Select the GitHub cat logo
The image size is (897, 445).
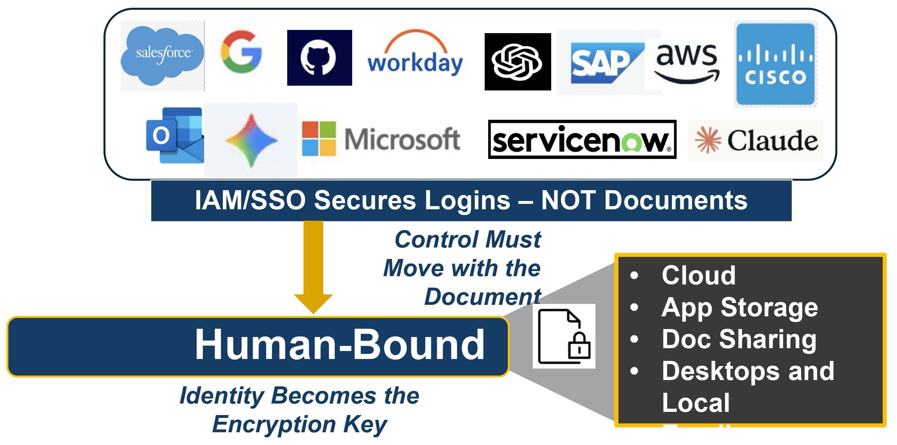(x=319, y=58)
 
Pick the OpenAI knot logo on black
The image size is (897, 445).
(x=517, y=62)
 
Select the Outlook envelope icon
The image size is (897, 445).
(x=175, y=135)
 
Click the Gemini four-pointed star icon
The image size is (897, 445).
(x=251, y=140)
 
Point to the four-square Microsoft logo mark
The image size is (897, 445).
(x=319, y=138)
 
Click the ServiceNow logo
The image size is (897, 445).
(x=582, y=140)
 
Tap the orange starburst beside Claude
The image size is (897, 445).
(x=708, y=140)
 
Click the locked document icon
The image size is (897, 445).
(x=564, y=336)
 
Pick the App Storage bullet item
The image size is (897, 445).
(x=739, y=308)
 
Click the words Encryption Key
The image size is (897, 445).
(x=299, y=424)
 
